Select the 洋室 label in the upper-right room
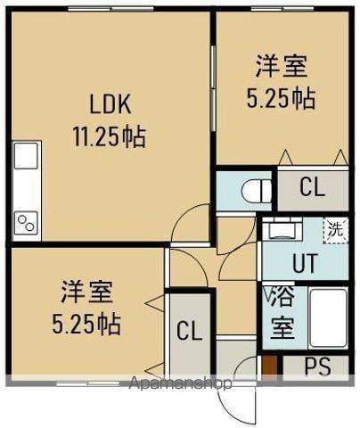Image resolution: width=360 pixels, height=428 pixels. pyautogui.click(x=282, y=66)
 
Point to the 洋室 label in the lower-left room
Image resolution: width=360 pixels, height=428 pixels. pyautogui.click(x=86, y=292)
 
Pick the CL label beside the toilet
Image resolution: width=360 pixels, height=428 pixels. pyautogui.click(x=311, y=188)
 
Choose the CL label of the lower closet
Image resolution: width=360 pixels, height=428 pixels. pyautogui.click(x=189, y=333)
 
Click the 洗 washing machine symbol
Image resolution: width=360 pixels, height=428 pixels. pyautogui.click(x=334, y=228)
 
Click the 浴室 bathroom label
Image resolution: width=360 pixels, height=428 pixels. pyautogui.click(x=281, y=313)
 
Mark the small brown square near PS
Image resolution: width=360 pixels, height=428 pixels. pyautogui.click(x=271, y=366)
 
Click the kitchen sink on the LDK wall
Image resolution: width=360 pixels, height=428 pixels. pyautogui.click(x=25, y=160)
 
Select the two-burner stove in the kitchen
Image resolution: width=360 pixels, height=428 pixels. pyautogui.click(x=25, y=221)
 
